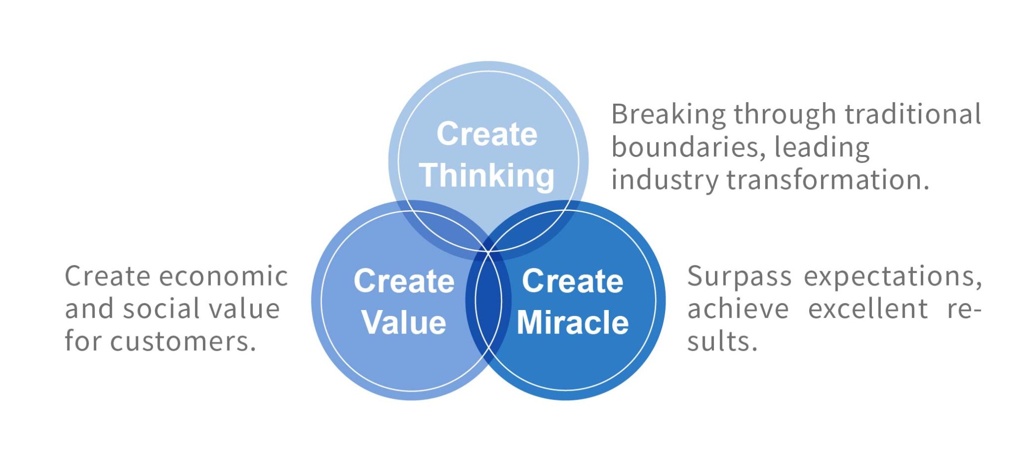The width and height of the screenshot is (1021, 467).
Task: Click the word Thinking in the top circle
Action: [x=487, y=175]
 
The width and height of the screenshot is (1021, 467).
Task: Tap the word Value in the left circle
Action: [x=404, y=322]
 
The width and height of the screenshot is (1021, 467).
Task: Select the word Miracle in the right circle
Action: [x=573, y=322]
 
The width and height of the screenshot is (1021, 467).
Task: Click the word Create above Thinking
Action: [x=487, y=134]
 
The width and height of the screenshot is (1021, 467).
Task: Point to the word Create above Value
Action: [x=404, y=281]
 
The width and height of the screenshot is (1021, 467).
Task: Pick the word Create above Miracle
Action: [x=573, y=281]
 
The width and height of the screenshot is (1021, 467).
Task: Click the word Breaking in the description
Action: [x=668, y=115]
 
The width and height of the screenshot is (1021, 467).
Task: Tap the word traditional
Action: [x=913, y=114]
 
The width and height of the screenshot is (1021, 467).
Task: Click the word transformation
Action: [x=828, y=180]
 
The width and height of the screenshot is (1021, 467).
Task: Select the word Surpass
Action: [x=739, y=277]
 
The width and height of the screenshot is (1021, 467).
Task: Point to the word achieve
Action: [x=738, y=309]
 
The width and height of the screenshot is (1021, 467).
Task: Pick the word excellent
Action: [x=868, y=309]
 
